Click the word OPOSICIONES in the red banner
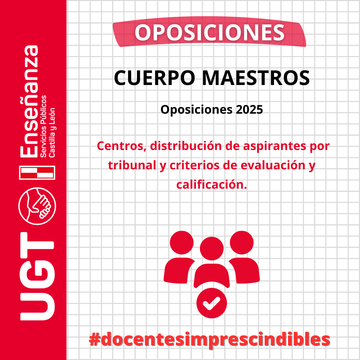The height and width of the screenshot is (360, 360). [209, 33]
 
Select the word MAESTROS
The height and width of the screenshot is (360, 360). [256, 78]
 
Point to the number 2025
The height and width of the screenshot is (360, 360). [249, 110]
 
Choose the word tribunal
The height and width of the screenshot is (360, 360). [132, 165]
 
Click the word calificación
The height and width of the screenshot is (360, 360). [212, 184]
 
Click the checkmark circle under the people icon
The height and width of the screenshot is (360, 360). [212, 303]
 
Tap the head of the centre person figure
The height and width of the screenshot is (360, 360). [212, 249]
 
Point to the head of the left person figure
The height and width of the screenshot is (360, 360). [182, 243]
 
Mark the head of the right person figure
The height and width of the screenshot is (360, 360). [242, 243]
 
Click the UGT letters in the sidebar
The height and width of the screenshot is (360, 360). [37, 276]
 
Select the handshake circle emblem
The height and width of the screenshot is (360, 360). [37, 206]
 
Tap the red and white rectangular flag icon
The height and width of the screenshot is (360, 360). [37, 173]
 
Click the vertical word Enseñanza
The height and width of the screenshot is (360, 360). [29, 101]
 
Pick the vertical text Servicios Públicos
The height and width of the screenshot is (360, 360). [43, 127]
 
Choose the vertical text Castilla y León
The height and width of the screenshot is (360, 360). [52, 133]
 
